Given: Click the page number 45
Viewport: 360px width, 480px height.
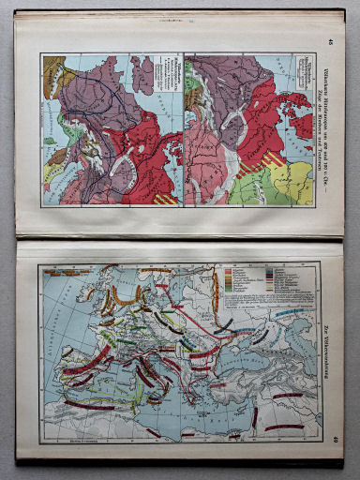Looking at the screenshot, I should (328, 40).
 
